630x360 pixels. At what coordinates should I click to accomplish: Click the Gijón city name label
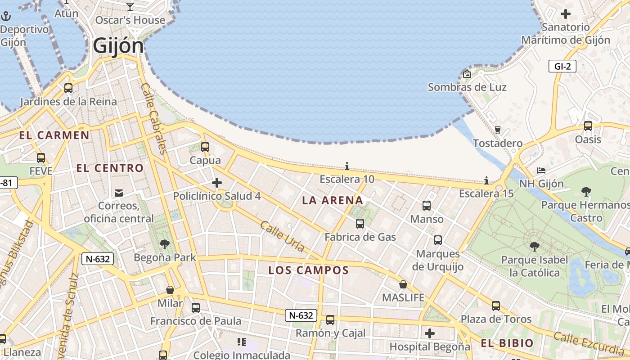pos(118,46)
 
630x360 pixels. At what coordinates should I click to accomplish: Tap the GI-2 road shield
pos(562,67)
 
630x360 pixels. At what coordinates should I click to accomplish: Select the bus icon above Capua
pos(205,147)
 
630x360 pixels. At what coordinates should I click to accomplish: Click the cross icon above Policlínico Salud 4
pos(217,183)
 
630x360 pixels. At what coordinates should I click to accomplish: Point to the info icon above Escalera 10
pos(346,166)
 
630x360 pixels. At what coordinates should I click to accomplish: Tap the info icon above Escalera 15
pos(486,181)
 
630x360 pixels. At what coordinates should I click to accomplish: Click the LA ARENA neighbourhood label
pos(333,200)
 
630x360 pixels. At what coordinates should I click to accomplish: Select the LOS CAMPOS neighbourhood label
pos(308,270)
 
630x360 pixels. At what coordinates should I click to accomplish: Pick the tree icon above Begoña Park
pos(165,244)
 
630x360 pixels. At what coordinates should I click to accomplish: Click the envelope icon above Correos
pos(119,193)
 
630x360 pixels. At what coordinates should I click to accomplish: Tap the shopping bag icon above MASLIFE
pos(403,284)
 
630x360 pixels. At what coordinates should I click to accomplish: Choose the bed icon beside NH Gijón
pos(541,171)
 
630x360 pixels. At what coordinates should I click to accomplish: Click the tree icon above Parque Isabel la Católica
pos(534,247)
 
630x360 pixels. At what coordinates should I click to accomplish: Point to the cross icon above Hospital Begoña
pos(430,333)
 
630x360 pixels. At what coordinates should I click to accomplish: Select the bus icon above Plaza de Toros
pos(495,306)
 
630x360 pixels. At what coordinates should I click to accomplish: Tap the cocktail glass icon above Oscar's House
pos(130,6)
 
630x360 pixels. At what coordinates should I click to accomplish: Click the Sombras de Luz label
pos(467,87)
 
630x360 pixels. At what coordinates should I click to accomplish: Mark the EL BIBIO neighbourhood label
pos(507,343)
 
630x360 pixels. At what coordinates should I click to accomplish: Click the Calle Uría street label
pos(282,237)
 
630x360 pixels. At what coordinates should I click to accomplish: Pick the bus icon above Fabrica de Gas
pos(360,223)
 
